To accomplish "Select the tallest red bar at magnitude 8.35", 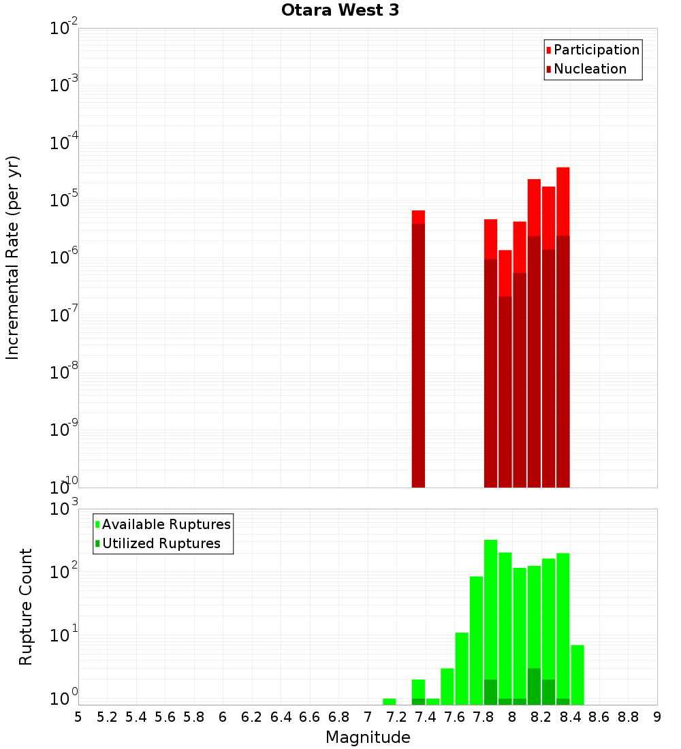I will pyautogui.click(x=563, y=327).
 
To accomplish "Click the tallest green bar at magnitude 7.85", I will pyautogui.click(x=491, y=613).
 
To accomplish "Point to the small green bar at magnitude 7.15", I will pyautogui.click(x=390, y=701).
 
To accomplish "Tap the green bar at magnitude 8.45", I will pyautogui.click(x=577, y=674).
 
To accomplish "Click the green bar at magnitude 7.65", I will pyautogui.click(x=462, y=667).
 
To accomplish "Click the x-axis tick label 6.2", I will pyautogui.click(x=252, y=717).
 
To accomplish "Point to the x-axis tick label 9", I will pyautogui.click(x=657, y=717).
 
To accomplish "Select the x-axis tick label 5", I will pyautogui.click(x=78, y=717).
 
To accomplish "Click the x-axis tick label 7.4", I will pyautogui.click(x=426, y=717).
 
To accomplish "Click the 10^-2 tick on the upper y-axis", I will pyautogui.click(x=63, y=29).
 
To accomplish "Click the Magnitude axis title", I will pyautogui.click(x=368, y=737).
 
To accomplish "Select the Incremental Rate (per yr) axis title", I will pyautogui.click(x=14, y=257).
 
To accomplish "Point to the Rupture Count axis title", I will pyautogui.click(x=26, y=607).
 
